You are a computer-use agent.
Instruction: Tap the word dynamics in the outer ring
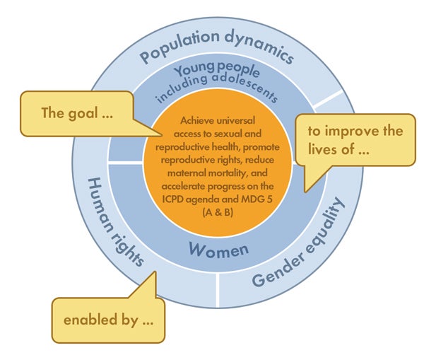[260, 48]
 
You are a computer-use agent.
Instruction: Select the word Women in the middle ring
[219, 250]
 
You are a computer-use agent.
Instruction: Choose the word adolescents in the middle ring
[245, 86]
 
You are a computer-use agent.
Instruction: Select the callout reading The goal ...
[77, 114]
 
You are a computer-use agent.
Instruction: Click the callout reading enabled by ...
[108, 320]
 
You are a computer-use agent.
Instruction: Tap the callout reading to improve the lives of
[355, 140]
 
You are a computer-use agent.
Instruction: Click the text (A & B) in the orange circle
[218, 212]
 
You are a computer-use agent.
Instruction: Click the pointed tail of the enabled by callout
[155, 272]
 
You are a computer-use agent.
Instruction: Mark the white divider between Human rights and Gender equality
[218, 290]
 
